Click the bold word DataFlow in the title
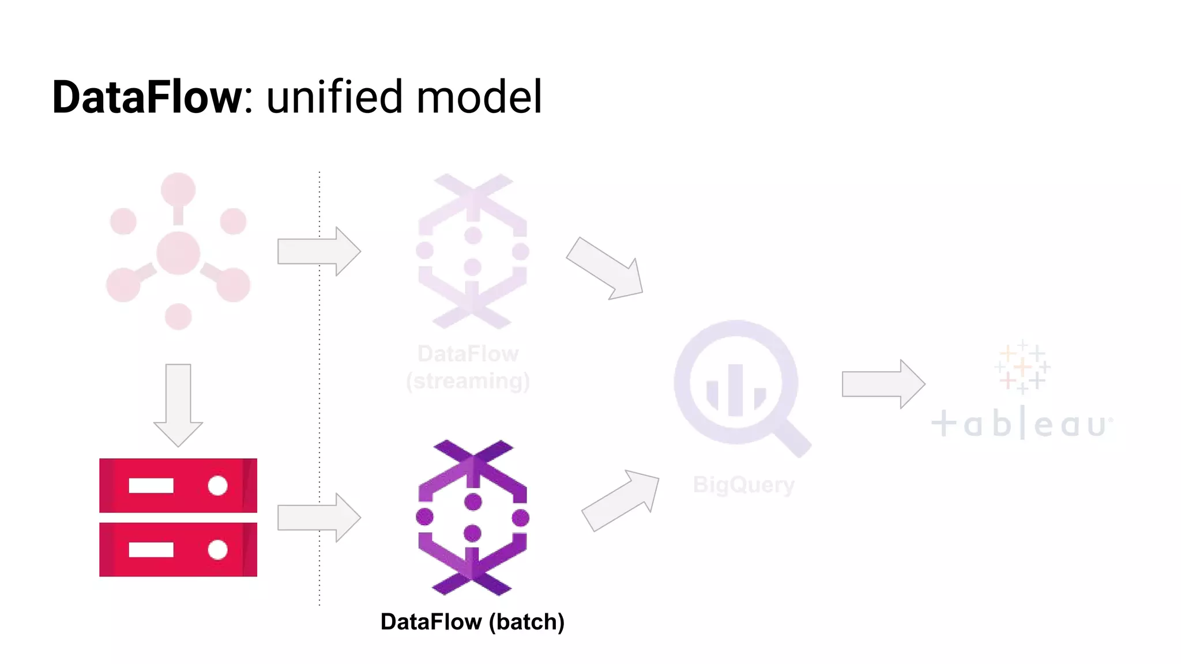click(147, 97)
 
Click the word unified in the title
click(333, 97)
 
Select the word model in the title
click(479, 97)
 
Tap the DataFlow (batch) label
click(472, 622)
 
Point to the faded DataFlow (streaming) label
click(468, 368)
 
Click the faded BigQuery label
click(743, 485)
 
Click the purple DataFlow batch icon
click(472, 517)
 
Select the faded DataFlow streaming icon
click(472, 251)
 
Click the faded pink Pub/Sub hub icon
click(178, 252)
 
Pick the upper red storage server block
click(178, 485)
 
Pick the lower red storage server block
click(178, 549)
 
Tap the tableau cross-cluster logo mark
click(1022, 367)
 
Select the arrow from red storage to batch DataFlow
click(318, 517)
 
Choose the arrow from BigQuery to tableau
click(883, 384)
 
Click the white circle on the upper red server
click(217, 485)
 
